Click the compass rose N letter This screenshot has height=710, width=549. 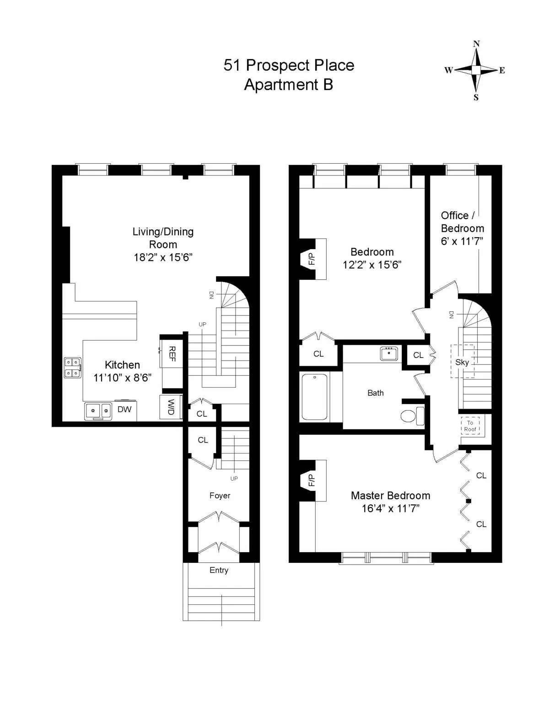(476, 44)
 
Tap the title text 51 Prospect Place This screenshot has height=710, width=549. (289, 65)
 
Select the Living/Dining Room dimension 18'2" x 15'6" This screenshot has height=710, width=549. (163, 257)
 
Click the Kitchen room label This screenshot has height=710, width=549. (122, 365)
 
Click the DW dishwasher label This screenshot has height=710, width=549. (124, 410)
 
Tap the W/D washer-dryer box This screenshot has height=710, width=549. (171, 407)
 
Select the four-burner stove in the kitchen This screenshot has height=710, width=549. (73, 368)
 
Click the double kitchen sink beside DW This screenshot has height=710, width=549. (98, 411)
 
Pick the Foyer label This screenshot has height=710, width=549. (220, 496)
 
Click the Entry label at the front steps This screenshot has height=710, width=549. (219, 570)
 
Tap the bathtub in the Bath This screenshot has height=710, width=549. (315, 397)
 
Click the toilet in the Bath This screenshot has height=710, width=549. (412, 416)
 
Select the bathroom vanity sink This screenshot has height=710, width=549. (389, 353)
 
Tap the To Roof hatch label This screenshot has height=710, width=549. (470, 426)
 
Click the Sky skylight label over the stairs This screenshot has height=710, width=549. (462, 362)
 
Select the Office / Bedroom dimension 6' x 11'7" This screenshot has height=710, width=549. (462, 241)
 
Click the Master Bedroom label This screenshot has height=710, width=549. (390, 496)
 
